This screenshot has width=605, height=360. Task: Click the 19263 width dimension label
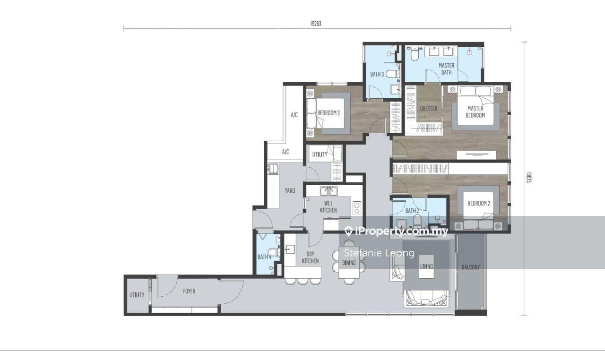316,24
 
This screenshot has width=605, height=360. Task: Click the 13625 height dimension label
529,178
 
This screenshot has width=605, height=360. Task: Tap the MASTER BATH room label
447,69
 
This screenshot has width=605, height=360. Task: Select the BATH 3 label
377,74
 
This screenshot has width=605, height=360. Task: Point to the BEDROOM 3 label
328,113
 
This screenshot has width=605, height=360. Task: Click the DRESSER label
429,109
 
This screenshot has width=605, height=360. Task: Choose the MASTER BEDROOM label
475,111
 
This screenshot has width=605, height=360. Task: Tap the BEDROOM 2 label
479,203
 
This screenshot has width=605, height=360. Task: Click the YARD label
290,190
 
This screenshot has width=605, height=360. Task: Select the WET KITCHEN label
328,207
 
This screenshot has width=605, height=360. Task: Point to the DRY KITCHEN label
311,257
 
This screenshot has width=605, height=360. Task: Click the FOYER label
189,291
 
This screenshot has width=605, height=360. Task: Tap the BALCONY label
471,267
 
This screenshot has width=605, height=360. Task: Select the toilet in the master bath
414,54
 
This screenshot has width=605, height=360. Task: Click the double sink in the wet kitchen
328,191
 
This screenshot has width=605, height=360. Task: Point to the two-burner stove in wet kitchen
357,208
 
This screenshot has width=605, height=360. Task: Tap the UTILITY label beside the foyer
137,295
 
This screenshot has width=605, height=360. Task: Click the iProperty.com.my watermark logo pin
349,231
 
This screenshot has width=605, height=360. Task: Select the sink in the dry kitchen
290,249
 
